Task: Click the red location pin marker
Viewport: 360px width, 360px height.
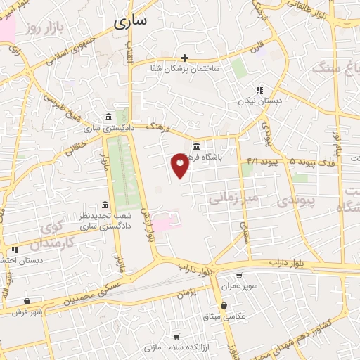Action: pos(180,165)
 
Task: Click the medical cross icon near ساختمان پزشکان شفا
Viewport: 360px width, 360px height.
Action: pos(184,58)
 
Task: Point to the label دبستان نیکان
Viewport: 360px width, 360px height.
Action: pos(257,101)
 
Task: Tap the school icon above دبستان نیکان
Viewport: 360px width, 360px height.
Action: pos(259,90)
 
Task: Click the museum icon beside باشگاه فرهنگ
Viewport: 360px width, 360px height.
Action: pos(195,147)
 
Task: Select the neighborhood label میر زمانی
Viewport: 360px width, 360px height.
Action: pos(233,198)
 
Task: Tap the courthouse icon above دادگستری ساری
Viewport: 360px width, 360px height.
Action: pos(108,117)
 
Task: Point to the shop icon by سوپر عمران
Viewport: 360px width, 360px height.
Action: pos(240,276)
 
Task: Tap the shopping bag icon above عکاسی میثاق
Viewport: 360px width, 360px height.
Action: pos(224,306)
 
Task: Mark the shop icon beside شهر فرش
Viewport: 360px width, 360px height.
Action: pos(27,301)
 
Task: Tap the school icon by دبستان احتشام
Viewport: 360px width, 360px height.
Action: pos(14,250)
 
